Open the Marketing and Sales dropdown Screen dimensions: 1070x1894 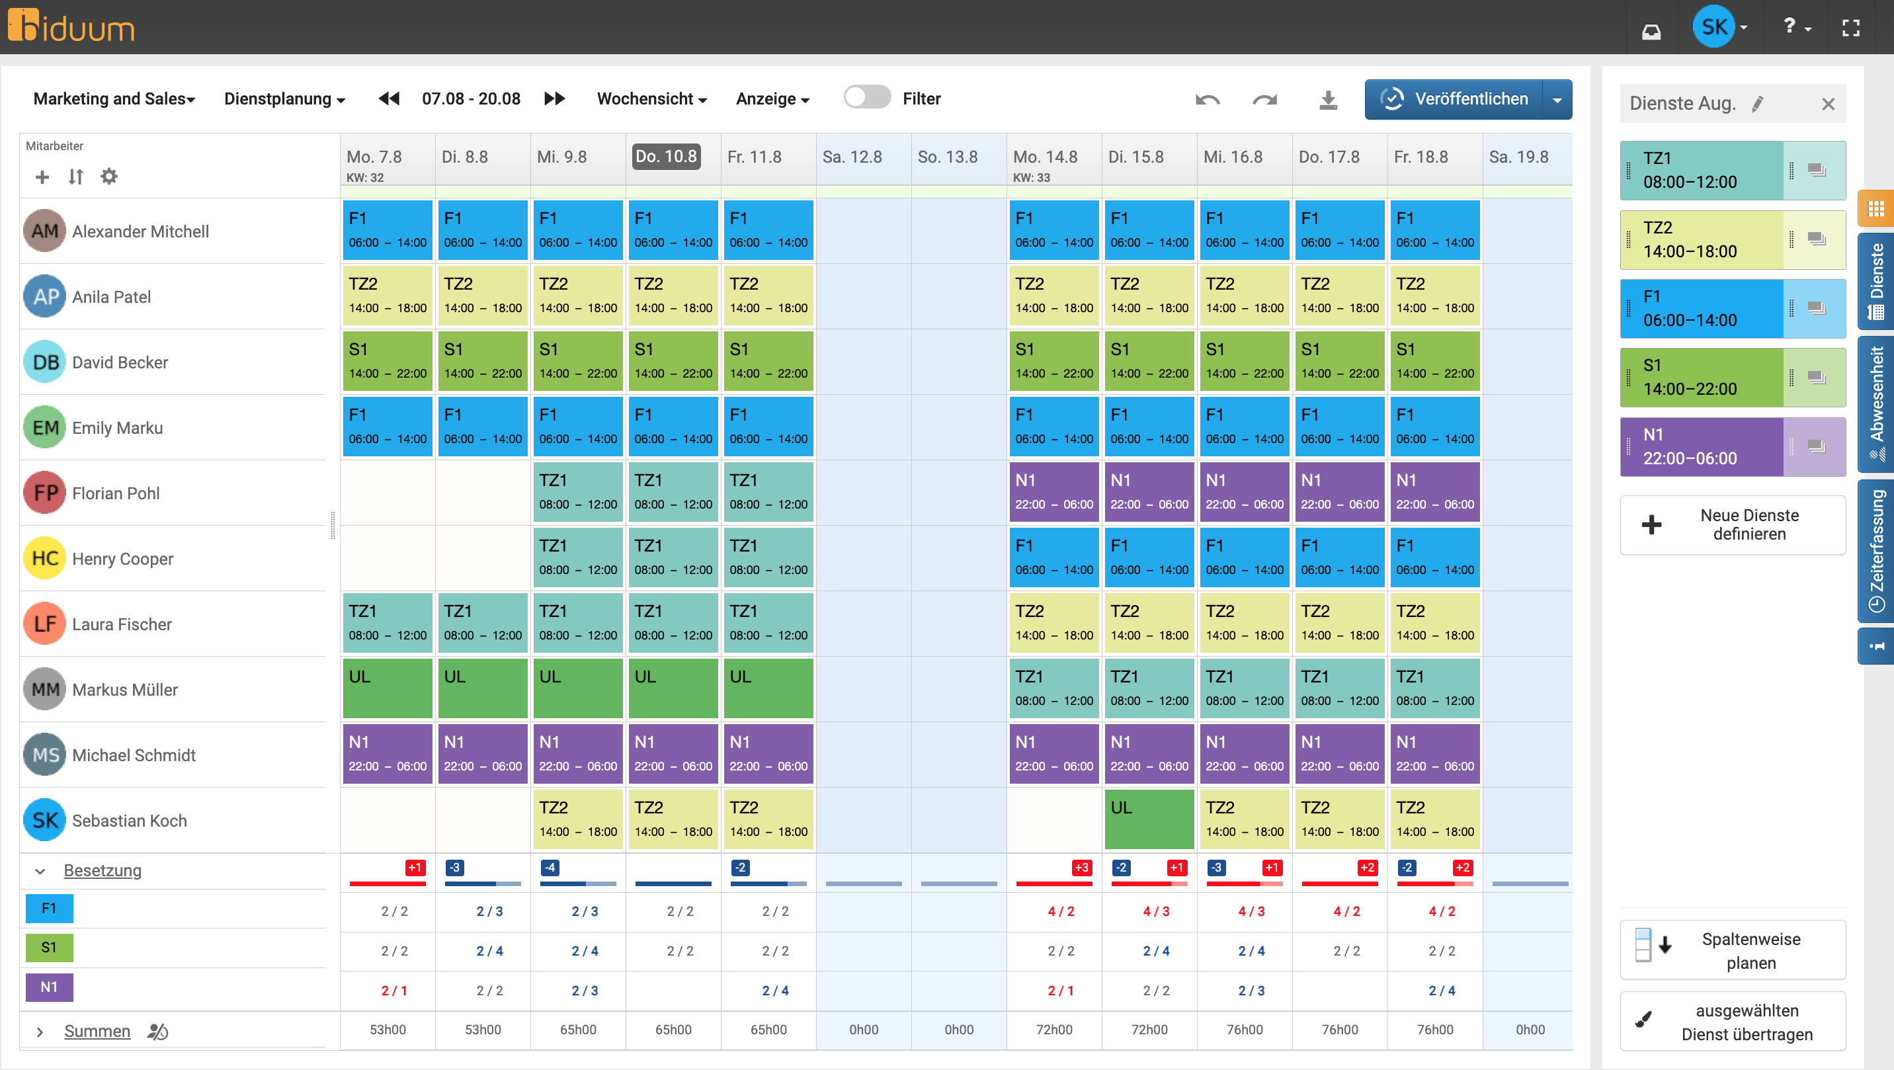[x=114, y=99]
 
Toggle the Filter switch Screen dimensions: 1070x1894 [x=867, y=98]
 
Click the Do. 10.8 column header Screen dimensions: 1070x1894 [x=666, y=157]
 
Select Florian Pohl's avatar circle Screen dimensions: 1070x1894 [x=45, y=493]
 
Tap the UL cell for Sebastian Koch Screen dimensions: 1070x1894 [x=1149, y=819]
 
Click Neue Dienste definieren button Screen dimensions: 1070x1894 [x=1733, y=525]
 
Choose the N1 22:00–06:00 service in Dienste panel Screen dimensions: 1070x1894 [x=1702, y=447]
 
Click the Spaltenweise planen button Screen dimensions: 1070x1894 [x=1733, y=950]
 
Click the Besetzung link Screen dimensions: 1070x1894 [x=103, y=871]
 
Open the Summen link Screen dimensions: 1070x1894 [x=97, y=1031]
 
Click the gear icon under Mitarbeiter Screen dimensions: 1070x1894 [x=109, y=177]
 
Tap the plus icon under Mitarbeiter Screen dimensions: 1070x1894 [x=42, y=177]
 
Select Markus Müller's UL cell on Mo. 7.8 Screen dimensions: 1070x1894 [x=388, y=688]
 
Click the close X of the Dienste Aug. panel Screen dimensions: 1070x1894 [x=1829, y=104]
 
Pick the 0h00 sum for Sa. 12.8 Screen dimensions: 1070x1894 [x=864, y=1030]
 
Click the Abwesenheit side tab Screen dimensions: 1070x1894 [x=1877, y=404]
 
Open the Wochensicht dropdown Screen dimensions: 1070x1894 [x=651, y=99]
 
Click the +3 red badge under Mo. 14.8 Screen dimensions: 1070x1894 [x=1081, y=868]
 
